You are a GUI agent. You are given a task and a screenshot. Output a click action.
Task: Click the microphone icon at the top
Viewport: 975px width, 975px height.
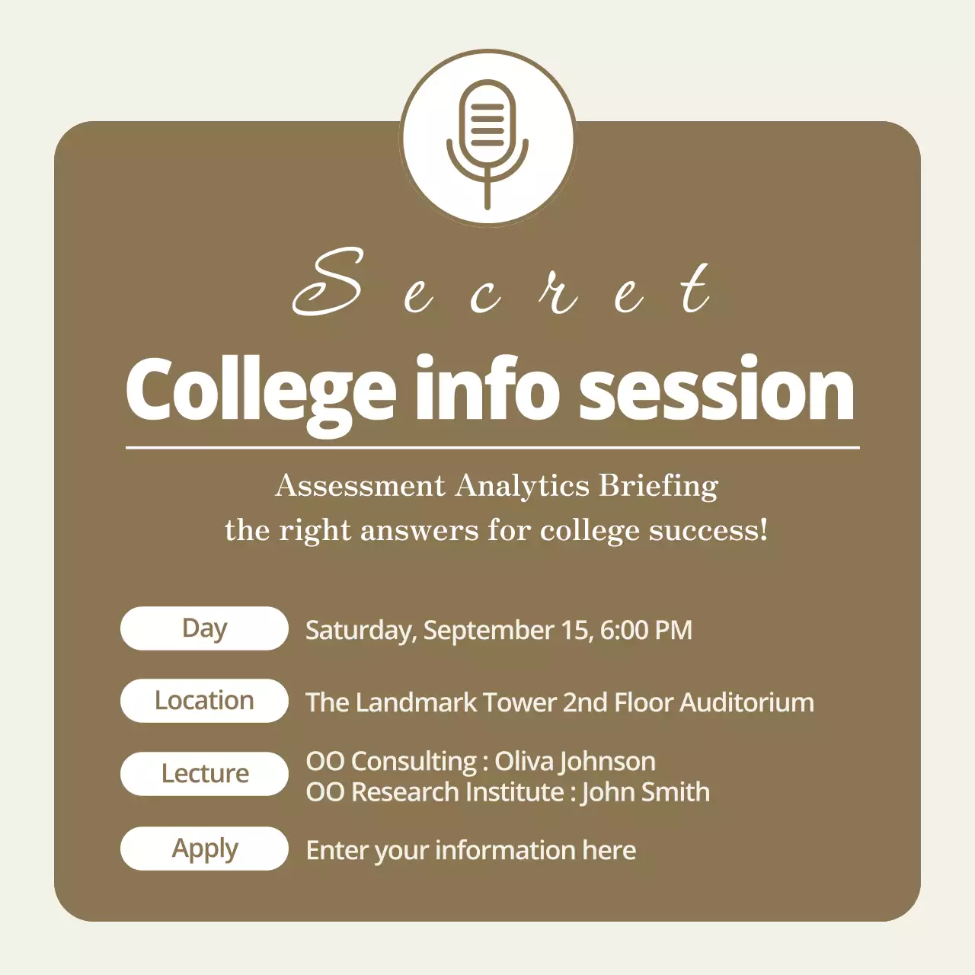pos(487,141)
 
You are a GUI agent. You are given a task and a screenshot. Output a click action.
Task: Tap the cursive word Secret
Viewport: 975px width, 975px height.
pos(503,286)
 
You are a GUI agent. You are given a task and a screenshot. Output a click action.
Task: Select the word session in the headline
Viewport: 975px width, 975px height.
pos(716,390)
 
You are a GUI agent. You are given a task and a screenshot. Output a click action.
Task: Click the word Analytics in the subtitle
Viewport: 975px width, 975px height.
pos(523,486)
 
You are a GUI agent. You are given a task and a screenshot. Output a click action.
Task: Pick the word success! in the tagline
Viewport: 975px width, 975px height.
pos(708,530)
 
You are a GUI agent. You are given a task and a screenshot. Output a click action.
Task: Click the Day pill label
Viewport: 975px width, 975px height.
pos(204,628)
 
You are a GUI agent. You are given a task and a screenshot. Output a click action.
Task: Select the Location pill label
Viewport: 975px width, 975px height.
pos(204,701)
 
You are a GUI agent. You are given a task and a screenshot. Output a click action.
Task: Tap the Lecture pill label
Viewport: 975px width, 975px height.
pos(204,774)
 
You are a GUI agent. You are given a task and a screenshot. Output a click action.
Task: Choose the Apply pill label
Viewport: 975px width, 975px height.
pos(204,849)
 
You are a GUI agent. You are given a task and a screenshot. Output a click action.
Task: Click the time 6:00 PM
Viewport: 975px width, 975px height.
pos(646,631)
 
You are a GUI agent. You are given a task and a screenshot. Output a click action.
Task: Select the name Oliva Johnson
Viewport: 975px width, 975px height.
pos(575,762)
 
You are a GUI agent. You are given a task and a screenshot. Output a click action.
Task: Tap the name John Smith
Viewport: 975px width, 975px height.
pos(645,792)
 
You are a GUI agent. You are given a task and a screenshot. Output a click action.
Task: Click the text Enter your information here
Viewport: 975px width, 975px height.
pos(471,850)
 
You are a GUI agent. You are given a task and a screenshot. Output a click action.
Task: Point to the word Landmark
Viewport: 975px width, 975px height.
pos(416,702)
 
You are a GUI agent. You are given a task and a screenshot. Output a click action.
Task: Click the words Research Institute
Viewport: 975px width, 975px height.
pos(457,792)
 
